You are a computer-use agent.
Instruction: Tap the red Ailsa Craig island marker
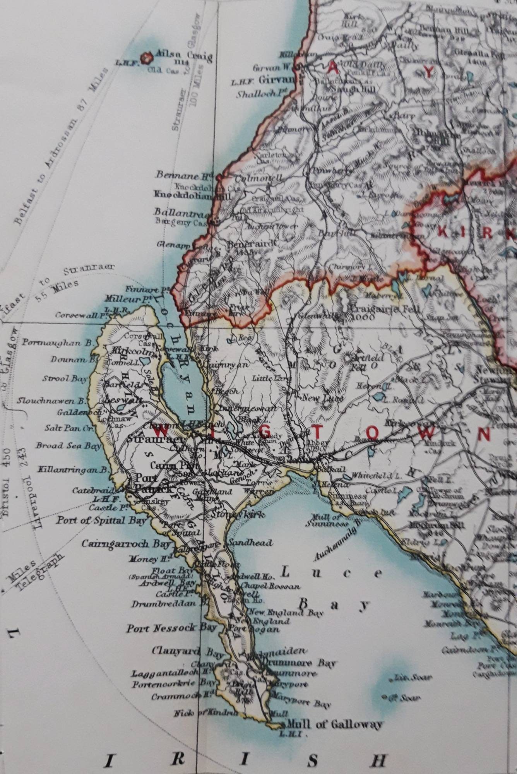[x=146, y=58]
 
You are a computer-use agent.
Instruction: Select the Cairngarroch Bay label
[x=126, y=544]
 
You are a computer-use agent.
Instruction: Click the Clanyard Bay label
[x=188, y=652]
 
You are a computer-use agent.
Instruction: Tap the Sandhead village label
[x=250, y=543]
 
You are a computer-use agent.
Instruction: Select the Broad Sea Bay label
[x=68, y=445]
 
